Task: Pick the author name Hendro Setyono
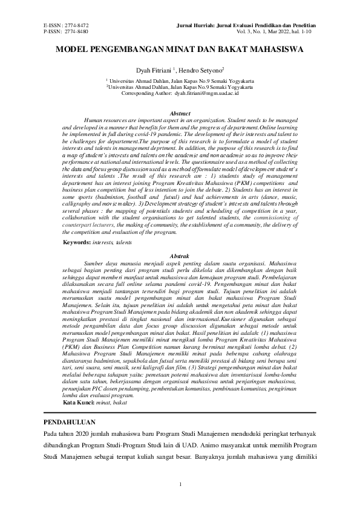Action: pos(203,71)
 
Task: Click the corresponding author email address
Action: pos(206,94)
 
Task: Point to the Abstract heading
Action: pos(180,113)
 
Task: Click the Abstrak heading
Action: pos(180,256)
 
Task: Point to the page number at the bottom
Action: pos(180,484)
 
